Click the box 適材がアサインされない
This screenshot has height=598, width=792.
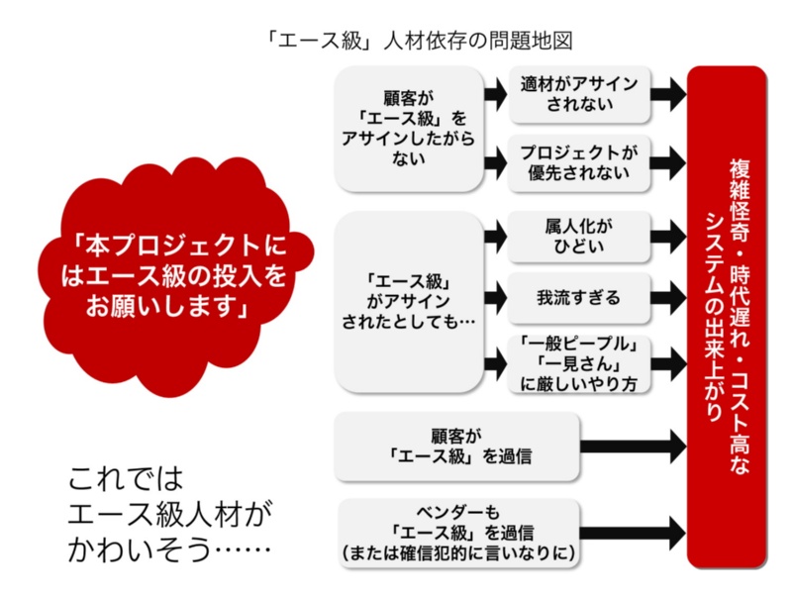tap(579, 93)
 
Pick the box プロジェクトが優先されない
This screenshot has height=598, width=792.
tap(579, 162)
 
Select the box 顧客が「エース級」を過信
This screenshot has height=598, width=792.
tap(455, 445)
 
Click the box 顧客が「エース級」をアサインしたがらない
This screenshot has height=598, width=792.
tap(409, 129)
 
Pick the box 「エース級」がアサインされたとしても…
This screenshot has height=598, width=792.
tap(409, 299)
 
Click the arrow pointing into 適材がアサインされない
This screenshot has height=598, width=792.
tap(495, 94)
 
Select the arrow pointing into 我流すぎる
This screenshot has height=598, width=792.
tap(495, 294)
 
